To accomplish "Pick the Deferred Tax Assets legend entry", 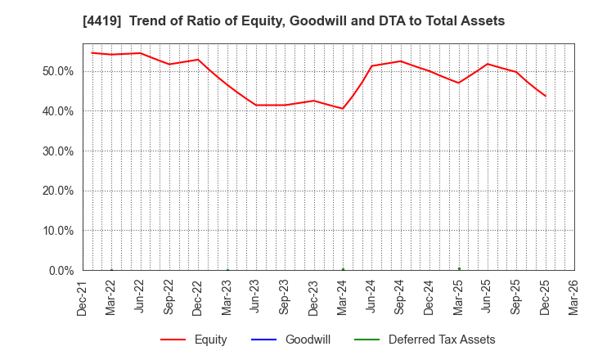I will [442, 340].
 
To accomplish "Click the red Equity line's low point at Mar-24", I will [343, 108].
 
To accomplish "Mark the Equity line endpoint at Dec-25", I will [545, 96].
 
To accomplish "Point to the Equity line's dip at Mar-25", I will [458, 83].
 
